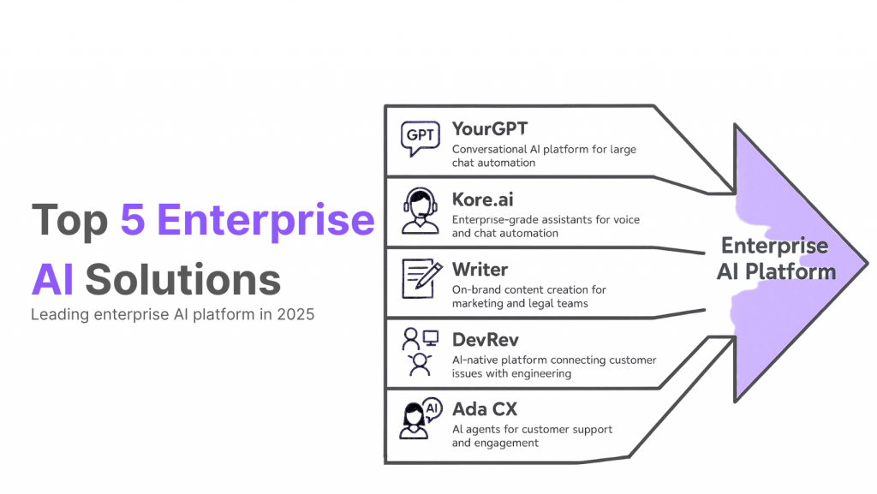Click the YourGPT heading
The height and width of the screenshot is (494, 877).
pos(490,129)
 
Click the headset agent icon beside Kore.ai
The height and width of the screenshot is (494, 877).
pos(420,211)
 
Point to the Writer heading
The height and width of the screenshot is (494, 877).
pos(480,270)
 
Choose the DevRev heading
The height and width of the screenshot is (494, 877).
pos(486,340)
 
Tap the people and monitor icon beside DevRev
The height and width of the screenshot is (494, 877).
pos(420,351)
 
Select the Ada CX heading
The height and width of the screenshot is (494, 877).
pos(486,409)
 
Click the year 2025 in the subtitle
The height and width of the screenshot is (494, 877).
pos(295,314)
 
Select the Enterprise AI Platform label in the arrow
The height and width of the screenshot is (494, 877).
pos(774,259)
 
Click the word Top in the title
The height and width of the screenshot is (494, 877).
pos(69,220)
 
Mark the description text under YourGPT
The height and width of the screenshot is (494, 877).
pos(544,156)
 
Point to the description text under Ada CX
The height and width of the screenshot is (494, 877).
pos(532,436)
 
